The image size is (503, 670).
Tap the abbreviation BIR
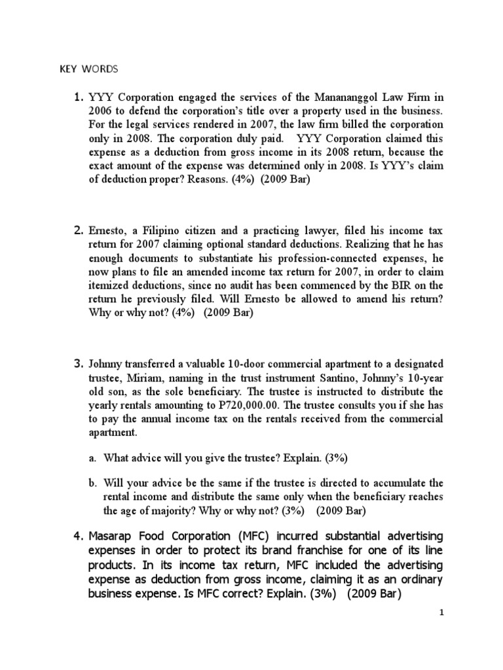tap(396, 285)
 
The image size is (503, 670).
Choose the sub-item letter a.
tap(92, 458)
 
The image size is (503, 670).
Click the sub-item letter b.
tap(92, 483)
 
